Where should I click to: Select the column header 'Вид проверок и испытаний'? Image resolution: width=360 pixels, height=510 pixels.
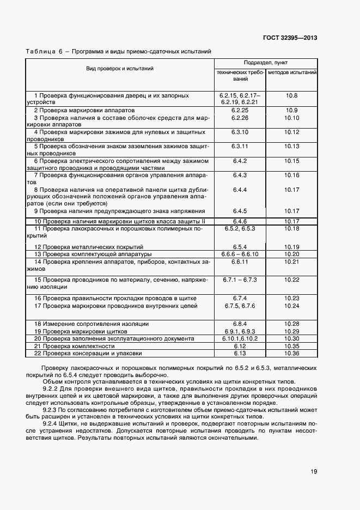pyautogui.click(x=119, y=69)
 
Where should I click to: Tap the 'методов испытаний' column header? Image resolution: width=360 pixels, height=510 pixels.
pyautogui.click(x=292, y=72)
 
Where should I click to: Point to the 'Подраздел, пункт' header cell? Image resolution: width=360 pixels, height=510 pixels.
pyautogui.click(x=266, y=63)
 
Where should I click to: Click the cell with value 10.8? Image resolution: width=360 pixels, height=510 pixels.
pyautogui.click(x=292, y=95)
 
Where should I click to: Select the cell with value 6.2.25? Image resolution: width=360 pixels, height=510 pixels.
pyautogui.click(x=240, y=110)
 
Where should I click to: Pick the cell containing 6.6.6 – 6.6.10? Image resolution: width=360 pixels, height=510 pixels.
pyautogui.click(x=240, y=254)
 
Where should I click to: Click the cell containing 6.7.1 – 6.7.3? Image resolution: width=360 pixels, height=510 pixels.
pyautogui.click(x=240, y=280)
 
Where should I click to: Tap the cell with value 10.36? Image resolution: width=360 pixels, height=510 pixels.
pyautogui.click(x=292, y=353)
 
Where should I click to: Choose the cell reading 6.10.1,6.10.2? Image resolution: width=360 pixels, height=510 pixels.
pyautogui.click(x=240, y=338)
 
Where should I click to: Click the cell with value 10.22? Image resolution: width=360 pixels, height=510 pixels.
pyautogui.click(x=292, y=280)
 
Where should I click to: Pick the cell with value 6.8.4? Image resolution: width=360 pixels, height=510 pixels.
pyautogui.click(x=240, y=324)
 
